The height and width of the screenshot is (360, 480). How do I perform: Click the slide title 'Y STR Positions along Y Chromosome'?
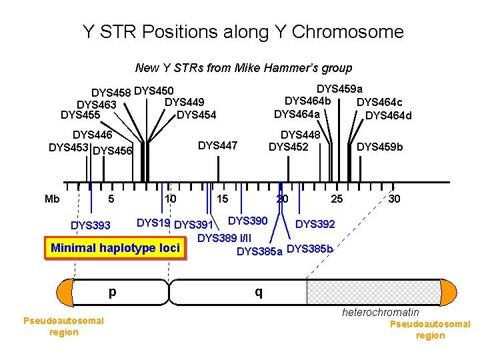tap(243, 31)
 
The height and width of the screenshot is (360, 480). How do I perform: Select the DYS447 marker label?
tap(218, 145)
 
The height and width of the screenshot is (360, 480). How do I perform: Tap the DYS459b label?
tap(380, 146)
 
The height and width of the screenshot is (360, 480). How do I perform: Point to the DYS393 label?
tap(91, 225)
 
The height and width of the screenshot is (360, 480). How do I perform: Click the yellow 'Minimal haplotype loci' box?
tap(115, 248)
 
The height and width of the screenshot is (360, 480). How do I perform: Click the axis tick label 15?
tap(222, 199)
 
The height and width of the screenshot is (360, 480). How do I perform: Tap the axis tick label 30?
tap(395, 199)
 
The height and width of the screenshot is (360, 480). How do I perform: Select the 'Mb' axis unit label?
tap(52, 199)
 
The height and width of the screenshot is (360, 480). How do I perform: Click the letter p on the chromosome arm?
tap(112, 291)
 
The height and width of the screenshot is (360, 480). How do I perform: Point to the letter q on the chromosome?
tap(258, 291)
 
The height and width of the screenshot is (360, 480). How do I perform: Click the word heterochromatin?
tap(381, 312)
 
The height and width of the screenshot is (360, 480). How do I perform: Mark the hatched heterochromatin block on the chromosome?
tap(373, 291)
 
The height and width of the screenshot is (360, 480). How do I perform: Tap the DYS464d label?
tap(389, 115)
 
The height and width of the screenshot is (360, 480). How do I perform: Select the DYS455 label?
tap(80, 115)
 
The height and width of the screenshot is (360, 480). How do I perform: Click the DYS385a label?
tap(259, 251)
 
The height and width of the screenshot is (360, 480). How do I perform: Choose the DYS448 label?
tap(301, 135)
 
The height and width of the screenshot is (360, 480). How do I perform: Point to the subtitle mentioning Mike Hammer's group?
tap(243, 67)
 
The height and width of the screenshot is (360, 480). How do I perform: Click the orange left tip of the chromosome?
tap(65, 291)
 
